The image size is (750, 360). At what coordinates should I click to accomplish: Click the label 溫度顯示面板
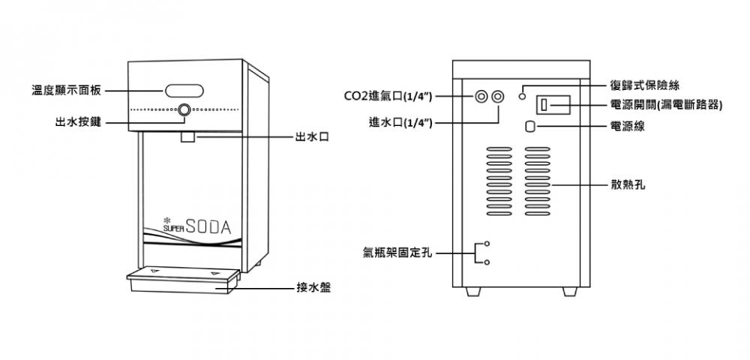tap(67, 90)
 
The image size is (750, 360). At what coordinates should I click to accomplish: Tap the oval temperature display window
tap(184, 90)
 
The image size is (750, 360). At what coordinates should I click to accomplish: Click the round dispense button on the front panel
tap(184, 110)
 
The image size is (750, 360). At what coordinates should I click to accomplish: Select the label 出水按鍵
tap(79, 122)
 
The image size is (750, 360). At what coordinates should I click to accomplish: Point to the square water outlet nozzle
tap(187, 136)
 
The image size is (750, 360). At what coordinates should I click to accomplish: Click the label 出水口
tap(312, 138)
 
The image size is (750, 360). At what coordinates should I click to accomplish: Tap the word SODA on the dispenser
tap(208, 226)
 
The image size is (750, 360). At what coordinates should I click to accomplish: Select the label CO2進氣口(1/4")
tap(388, 97)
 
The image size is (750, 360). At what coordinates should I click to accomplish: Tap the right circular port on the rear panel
tap(498, 97)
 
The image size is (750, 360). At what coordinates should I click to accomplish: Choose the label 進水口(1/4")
tap(400, 123)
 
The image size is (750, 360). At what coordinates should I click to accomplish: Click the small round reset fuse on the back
tap(522, 97)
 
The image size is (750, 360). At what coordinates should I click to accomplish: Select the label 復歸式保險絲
tap(645, 85)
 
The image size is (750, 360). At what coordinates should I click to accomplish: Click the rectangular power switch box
tap(553, 105)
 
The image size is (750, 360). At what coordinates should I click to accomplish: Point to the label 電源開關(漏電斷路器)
tap(666, 105)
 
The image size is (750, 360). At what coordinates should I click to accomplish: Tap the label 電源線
tap(628, 126)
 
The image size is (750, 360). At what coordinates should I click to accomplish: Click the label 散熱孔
tap(628, 185)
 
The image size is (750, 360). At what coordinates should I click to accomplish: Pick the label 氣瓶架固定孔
tap(397, 253)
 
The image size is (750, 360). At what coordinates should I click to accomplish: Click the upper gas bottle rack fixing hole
tap(487, 244)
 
